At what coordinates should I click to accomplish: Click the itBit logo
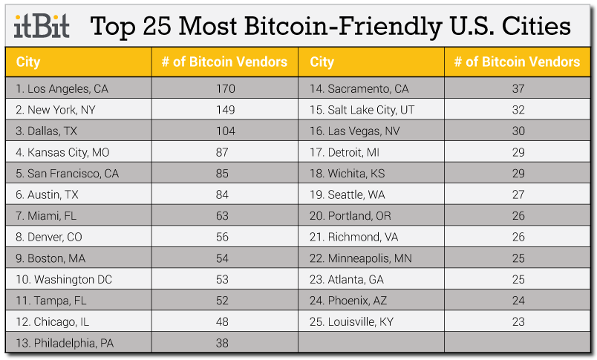pos(42,27)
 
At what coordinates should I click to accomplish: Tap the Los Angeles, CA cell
pos(62,88)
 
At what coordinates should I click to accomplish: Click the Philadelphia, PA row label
pos(66,344)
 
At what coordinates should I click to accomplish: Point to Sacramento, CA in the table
pos(359,88)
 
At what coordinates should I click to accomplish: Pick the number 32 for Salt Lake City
pos(518,110)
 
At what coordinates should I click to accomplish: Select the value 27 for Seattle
pos(518,194)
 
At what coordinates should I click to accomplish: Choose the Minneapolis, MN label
pos(361,258)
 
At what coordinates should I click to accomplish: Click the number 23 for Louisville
pos(518,322)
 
